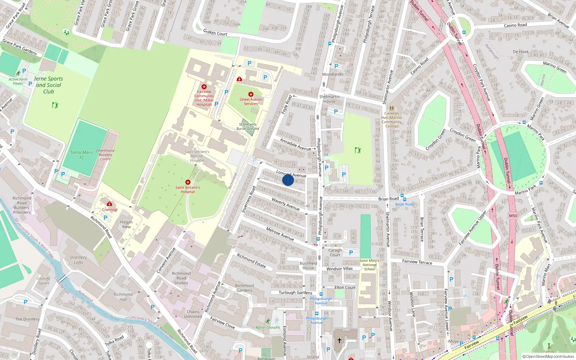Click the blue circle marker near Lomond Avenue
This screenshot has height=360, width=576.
pos(288,180)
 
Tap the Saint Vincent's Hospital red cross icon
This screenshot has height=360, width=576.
pos(188,182)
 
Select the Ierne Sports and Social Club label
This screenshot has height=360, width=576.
pos(49,85)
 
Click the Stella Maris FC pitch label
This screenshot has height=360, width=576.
pos(82,155)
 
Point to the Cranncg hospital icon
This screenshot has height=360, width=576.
pos(109,204)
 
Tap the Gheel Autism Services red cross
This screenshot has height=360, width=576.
pos(251,94)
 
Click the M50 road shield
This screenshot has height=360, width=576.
pos(513,216)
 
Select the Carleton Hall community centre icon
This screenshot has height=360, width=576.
pos(392,108)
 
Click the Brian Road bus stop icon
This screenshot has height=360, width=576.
pos(403,199)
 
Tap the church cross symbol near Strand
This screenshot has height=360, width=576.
pos(339,340)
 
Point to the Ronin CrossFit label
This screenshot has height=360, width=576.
pos(268,327)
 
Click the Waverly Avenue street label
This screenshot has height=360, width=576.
pos(285,204)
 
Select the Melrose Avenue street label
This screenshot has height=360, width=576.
pos(280,234)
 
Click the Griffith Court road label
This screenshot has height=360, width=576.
pos(215,33)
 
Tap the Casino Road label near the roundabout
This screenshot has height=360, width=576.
pos(515,25)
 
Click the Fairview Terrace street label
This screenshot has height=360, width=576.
pos(417,262)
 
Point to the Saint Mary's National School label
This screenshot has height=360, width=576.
pos(369,265)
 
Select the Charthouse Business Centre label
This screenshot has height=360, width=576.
pos(105,155)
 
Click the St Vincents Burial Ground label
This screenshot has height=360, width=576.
pos(248,126)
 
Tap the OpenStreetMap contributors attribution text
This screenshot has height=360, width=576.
pos(548,356)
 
